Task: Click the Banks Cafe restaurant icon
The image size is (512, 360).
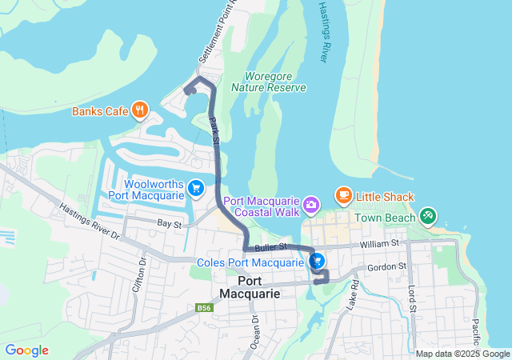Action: pos(140,110)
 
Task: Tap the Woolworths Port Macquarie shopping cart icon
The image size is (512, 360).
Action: pos(196,188)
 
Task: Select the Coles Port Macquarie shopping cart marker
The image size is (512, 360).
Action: pos(318,261)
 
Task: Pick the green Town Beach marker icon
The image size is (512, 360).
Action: pos(428,217)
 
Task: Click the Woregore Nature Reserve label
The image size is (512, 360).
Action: pos(269,82)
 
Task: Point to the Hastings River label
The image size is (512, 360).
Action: pos(324,32)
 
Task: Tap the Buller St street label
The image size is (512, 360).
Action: pos(270,249)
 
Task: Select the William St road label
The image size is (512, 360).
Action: pos(378,242)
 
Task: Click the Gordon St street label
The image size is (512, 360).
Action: pos(386,266)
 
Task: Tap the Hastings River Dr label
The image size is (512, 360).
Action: pos(89,221)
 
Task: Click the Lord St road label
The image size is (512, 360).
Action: pos(413,298)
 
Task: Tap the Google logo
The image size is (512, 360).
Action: pos(26,350)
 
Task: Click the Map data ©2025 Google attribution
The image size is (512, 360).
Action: pos(462,354)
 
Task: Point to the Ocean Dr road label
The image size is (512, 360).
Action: pos(255,329)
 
